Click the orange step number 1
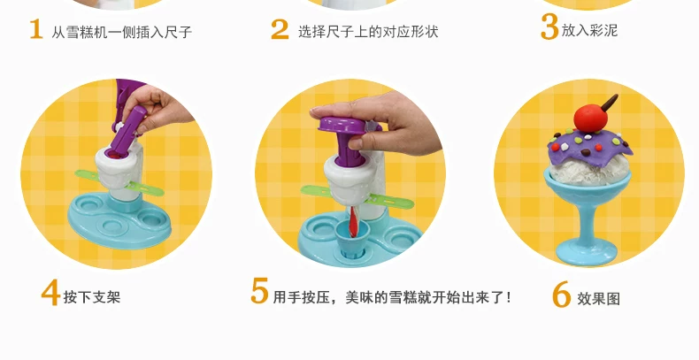tap(36, 29)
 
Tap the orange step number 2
tap(280, 29)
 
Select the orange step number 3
tap(549, 27)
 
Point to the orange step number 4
tap(50, 292)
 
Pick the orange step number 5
tap(259, 290)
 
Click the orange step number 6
tap(561, 294)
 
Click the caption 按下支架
tap(92, 297)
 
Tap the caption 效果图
tap(599, 298)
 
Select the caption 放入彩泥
tap(589, 30)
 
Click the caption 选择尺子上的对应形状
tap(368, 32)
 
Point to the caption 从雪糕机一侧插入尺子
tap(122, 32)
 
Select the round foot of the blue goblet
tap(586, 252)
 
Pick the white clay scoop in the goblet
tap(588, 172)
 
